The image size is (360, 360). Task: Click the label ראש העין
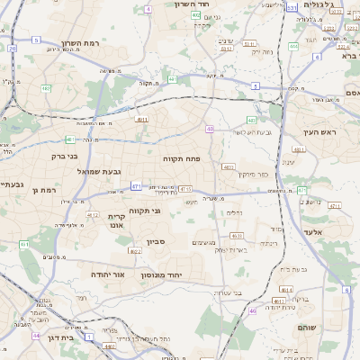pyautogui.click(x=319, y=132)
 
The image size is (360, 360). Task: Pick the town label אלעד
pyautogui.click(x=336, y=232)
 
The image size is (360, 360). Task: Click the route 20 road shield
pyautogui.click(x=13, y=49)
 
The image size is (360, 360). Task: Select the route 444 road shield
pyautogui.click(x=293, y=46)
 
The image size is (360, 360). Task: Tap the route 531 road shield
pyautogui.click(x=291, y=6)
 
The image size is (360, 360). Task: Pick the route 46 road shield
pyautogui.click(x=253, y=310)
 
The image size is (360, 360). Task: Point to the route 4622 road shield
pyautogui.click(x=134, y=251)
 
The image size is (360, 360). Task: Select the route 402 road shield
pyautogui.click(x=196, y=15)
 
